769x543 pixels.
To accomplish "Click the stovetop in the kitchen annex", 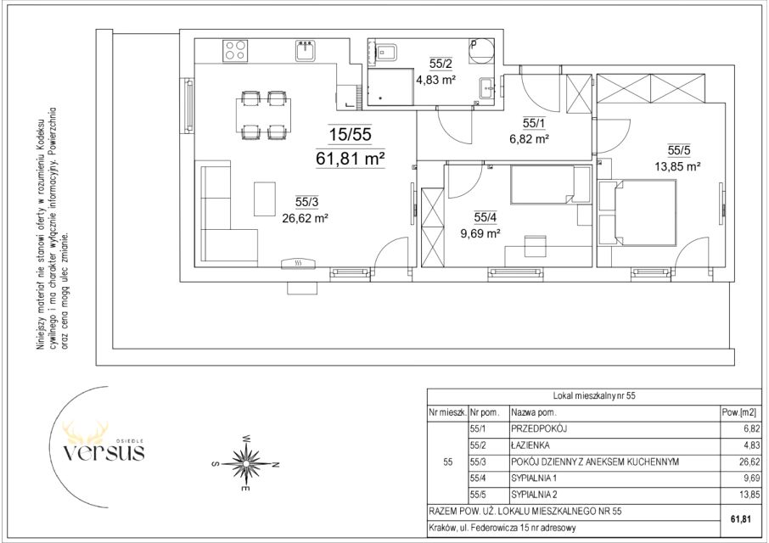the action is click(235, 50).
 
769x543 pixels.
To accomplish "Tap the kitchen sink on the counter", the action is click(306, 50).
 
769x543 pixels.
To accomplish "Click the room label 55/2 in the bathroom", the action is click(441, 64).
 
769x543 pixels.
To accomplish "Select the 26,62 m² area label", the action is click(305, 218).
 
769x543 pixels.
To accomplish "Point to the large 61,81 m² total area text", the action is click(351, 159).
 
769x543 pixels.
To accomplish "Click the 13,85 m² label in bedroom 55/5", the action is click(677, 166).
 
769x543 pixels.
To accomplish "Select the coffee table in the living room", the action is click(264, 199).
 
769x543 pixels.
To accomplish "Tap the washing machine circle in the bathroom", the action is click(480, 52).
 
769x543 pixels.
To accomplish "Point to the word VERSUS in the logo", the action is click(104, 451).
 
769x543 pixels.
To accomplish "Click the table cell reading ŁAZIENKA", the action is click(530, 445).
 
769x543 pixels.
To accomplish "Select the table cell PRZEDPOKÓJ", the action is click(538, 428).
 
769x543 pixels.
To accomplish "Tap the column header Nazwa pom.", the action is click(534, 412).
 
